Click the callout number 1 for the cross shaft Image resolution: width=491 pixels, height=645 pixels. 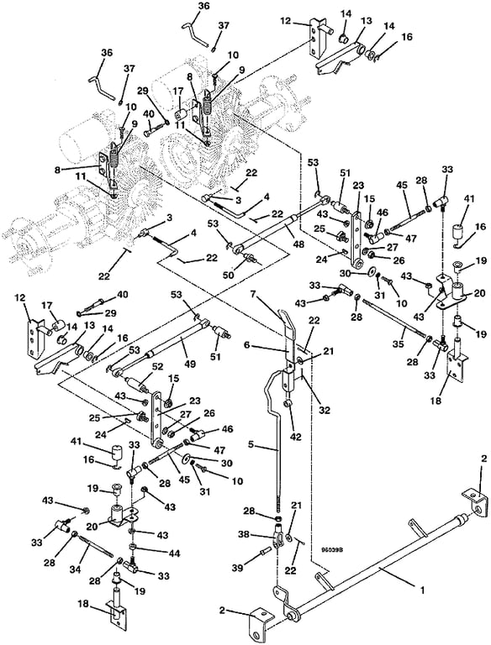(x=422, y=590)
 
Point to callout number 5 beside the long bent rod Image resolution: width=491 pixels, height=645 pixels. (x=251, y=444)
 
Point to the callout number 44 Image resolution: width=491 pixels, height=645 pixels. (x=175, y=553)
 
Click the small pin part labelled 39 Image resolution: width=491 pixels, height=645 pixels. (x=266, y=550)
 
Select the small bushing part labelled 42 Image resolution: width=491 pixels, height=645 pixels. (x=290, y=405)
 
